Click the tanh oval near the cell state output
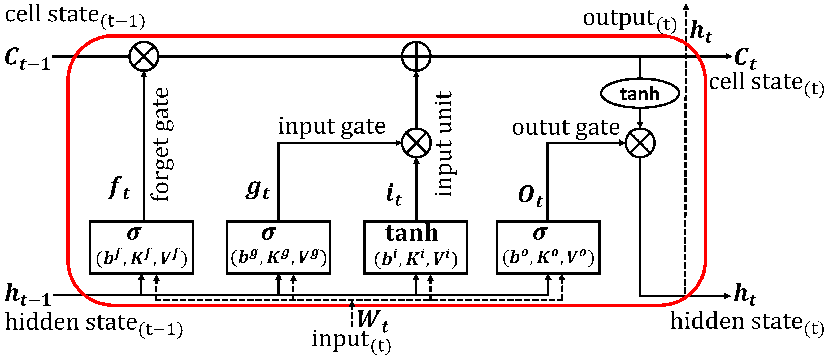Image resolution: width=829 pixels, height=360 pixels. pos(640,94)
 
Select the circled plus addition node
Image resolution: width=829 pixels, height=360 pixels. pos(416,56)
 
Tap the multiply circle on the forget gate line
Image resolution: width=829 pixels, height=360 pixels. pos(144,56)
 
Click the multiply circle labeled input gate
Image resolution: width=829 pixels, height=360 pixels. pos(416,143)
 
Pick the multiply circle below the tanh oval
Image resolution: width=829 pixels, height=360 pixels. pos(640,143)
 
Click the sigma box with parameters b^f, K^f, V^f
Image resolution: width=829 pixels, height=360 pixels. pos(141,247)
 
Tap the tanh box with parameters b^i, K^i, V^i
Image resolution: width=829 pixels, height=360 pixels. pos(415,247)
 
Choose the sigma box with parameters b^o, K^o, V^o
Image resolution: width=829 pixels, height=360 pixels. pos(548,247)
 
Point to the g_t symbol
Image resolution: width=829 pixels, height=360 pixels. pos(257,190)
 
